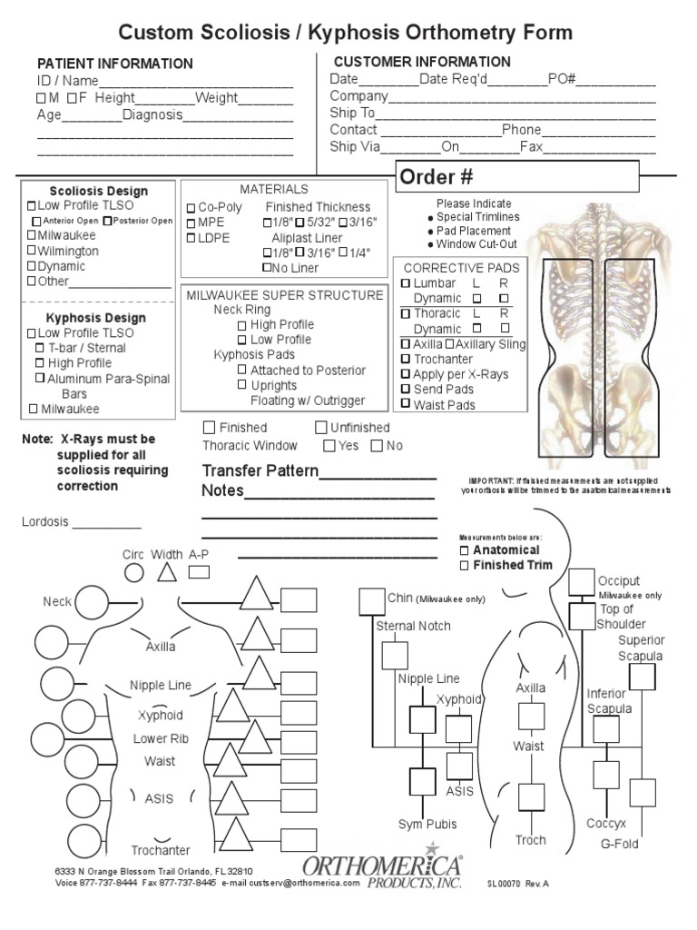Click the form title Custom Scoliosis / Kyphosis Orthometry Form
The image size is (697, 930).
pyautogui.click(x=346, y=34)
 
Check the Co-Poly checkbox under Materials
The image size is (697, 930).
pyautogui.click(x=191, y=208)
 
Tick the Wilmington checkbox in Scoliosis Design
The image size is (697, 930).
pyautogui.click(x=32, y=251)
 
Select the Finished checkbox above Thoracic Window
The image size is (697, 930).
pyautogui.click(x=209, y=427)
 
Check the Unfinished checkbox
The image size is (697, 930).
pyautogui.click(x=321, y=427)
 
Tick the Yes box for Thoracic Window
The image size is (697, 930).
pyautogui.click(x=329, y=445)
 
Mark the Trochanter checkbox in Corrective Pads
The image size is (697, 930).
pyautogui.click(x=405, y=359)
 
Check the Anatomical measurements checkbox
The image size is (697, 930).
pyautogui.click(x=465, y=550)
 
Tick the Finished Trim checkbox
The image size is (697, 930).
pyautogui.click(x=465, y=565)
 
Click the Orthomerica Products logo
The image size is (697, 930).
pyautogui.click(x=382, y=869)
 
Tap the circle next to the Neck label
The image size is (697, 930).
pyautogui.click(x=92, y=602)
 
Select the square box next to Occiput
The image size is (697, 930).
pyautogui.click(x=581, y=582)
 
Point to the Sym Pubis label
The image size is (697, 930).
pyautogui.click(x=427, y=824)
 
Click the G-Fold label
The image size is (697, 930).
pyautogui.click(x=620, y=844)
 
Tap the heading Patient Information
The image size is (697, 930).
pyautogui.click(x=114, y=64)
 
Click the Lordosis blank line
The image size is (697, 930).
pyautogui.click(x=107, y=523)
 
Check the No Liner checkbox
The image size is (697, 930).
pyautogui.click(x=267, y=268)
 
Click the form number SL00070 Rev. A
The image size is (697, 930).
pyautogui.click(x=517, y=882)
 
